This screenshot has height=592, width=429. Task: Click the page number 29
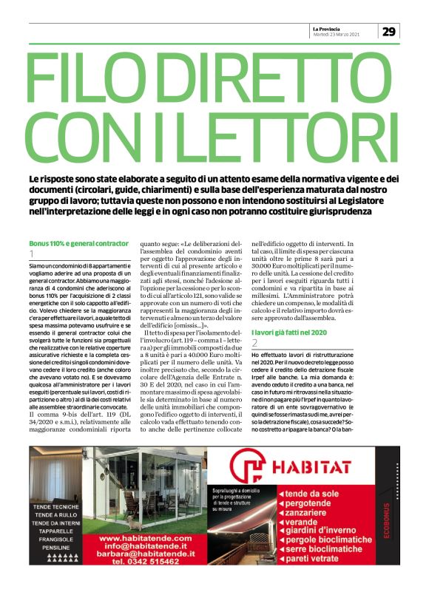coord(389,31)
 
